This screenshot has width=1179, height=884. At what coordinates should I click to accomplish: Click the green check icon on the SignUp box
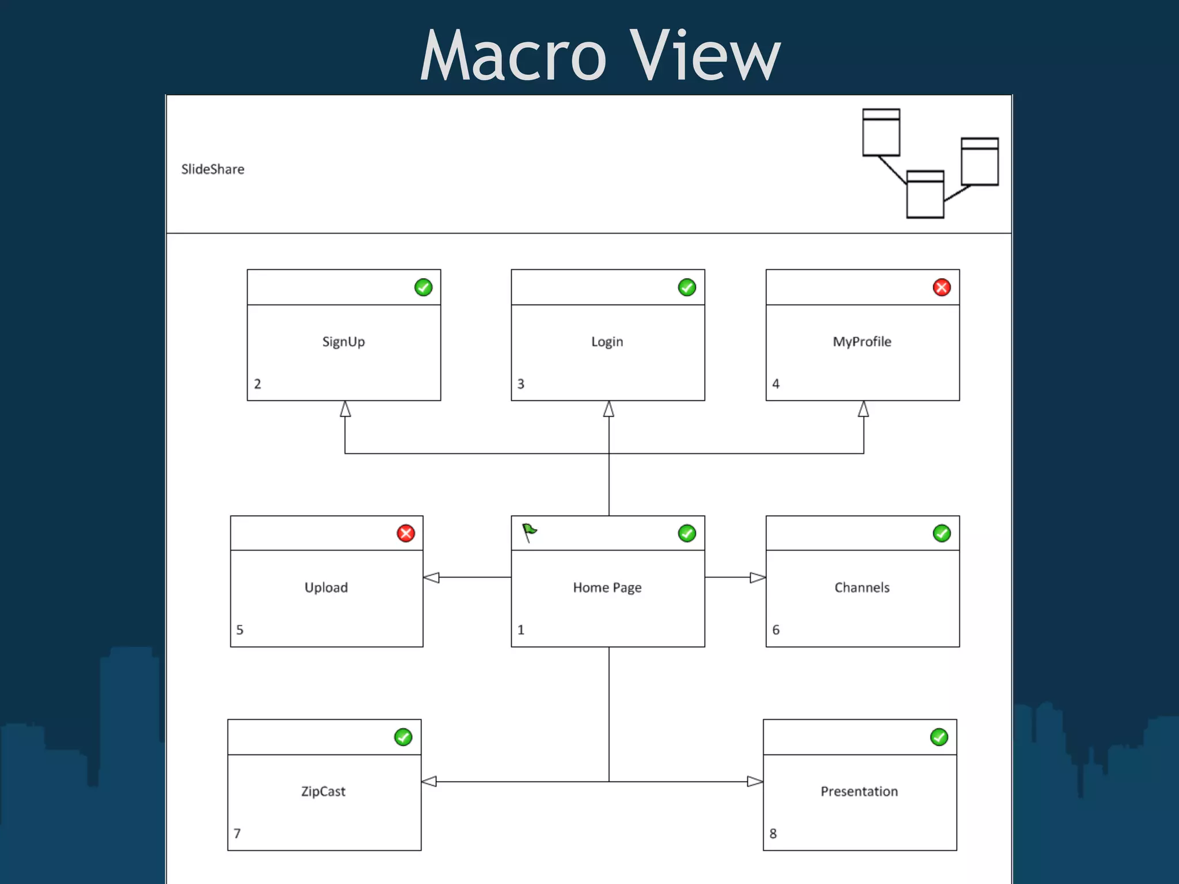click(423, 287)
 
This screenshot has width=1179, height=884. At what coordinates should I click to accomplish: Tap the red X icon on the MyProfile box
click(941, 287)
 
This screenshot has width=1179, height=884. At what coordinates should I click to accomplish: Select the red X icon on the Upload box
click(406, 534)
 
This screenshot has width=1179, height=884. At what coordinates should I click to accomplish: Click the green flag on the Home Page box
click(529, 532)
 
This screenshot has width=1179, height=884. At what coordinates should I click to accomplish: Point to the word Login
click(607, 342)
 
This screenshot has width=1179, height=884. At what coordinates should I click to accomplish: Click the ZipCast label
click(323, 791)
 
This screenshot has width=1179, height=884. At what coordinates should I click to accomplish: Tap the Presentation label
click(859, 791)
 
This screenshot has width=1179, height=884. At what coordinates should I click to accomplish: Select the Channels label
click(862, 588)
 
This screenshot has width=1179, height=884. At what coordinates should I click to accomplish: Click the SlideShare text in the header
click(213, 169)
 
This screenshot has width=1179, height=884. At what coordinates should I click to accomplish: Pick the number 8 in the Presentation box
click(773, 833)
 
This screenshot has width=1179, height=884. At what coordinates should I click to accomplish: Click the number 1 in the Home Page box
click(521, 630)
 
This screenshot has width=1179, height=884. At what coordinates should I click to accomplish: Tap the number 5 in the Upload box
click(240, 630)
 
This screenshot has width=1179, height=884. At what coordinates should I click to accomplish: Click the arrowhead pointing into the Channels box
click(758, 577)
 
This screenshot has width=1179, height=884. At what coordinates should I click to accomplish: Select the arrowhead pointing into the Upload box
click(431, 577)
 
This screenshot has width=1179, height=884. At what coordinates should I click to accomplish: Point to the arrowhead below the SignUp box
click(345, 409)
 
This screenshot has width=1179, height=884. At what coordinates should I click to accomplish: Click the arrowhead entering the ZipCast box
click(429, 782)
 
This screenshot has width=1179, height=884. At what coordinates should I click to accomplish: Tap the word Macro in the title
click(513, 56)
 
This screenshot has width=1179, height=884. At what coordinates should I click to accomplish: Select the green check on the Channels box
click(941, 534)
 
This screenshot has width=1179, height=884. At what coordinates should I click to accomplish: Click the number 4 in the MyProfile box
click(776, 384)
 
